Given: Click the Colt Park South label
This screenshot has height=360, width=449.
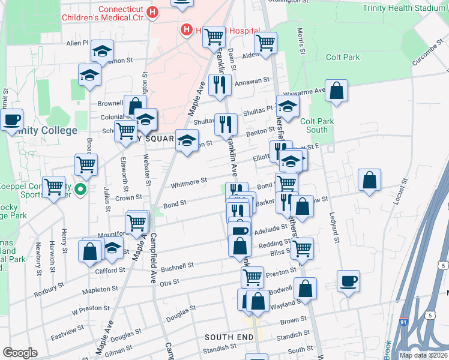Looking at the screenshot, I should [x=317, y=125].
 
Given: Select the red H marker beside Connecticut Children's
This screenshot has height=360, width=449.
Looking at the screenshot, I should [x=153, y=11].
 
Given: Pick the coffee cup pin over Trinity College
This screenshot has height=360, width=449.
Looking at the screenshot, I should [x=11, y=119].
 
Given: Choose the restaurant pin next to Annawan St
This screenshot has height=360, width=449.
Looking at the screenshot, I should [x=220, y=85].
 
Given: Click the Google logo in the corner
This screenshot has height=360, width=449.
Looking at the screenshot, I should [x=19, y=352].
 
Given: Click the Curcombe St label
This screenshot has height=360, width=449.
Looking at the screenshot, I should [x=427, y=53].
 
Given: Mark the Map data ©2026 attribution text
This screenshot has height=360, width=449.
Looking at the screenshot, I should [x=424, y=355].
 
